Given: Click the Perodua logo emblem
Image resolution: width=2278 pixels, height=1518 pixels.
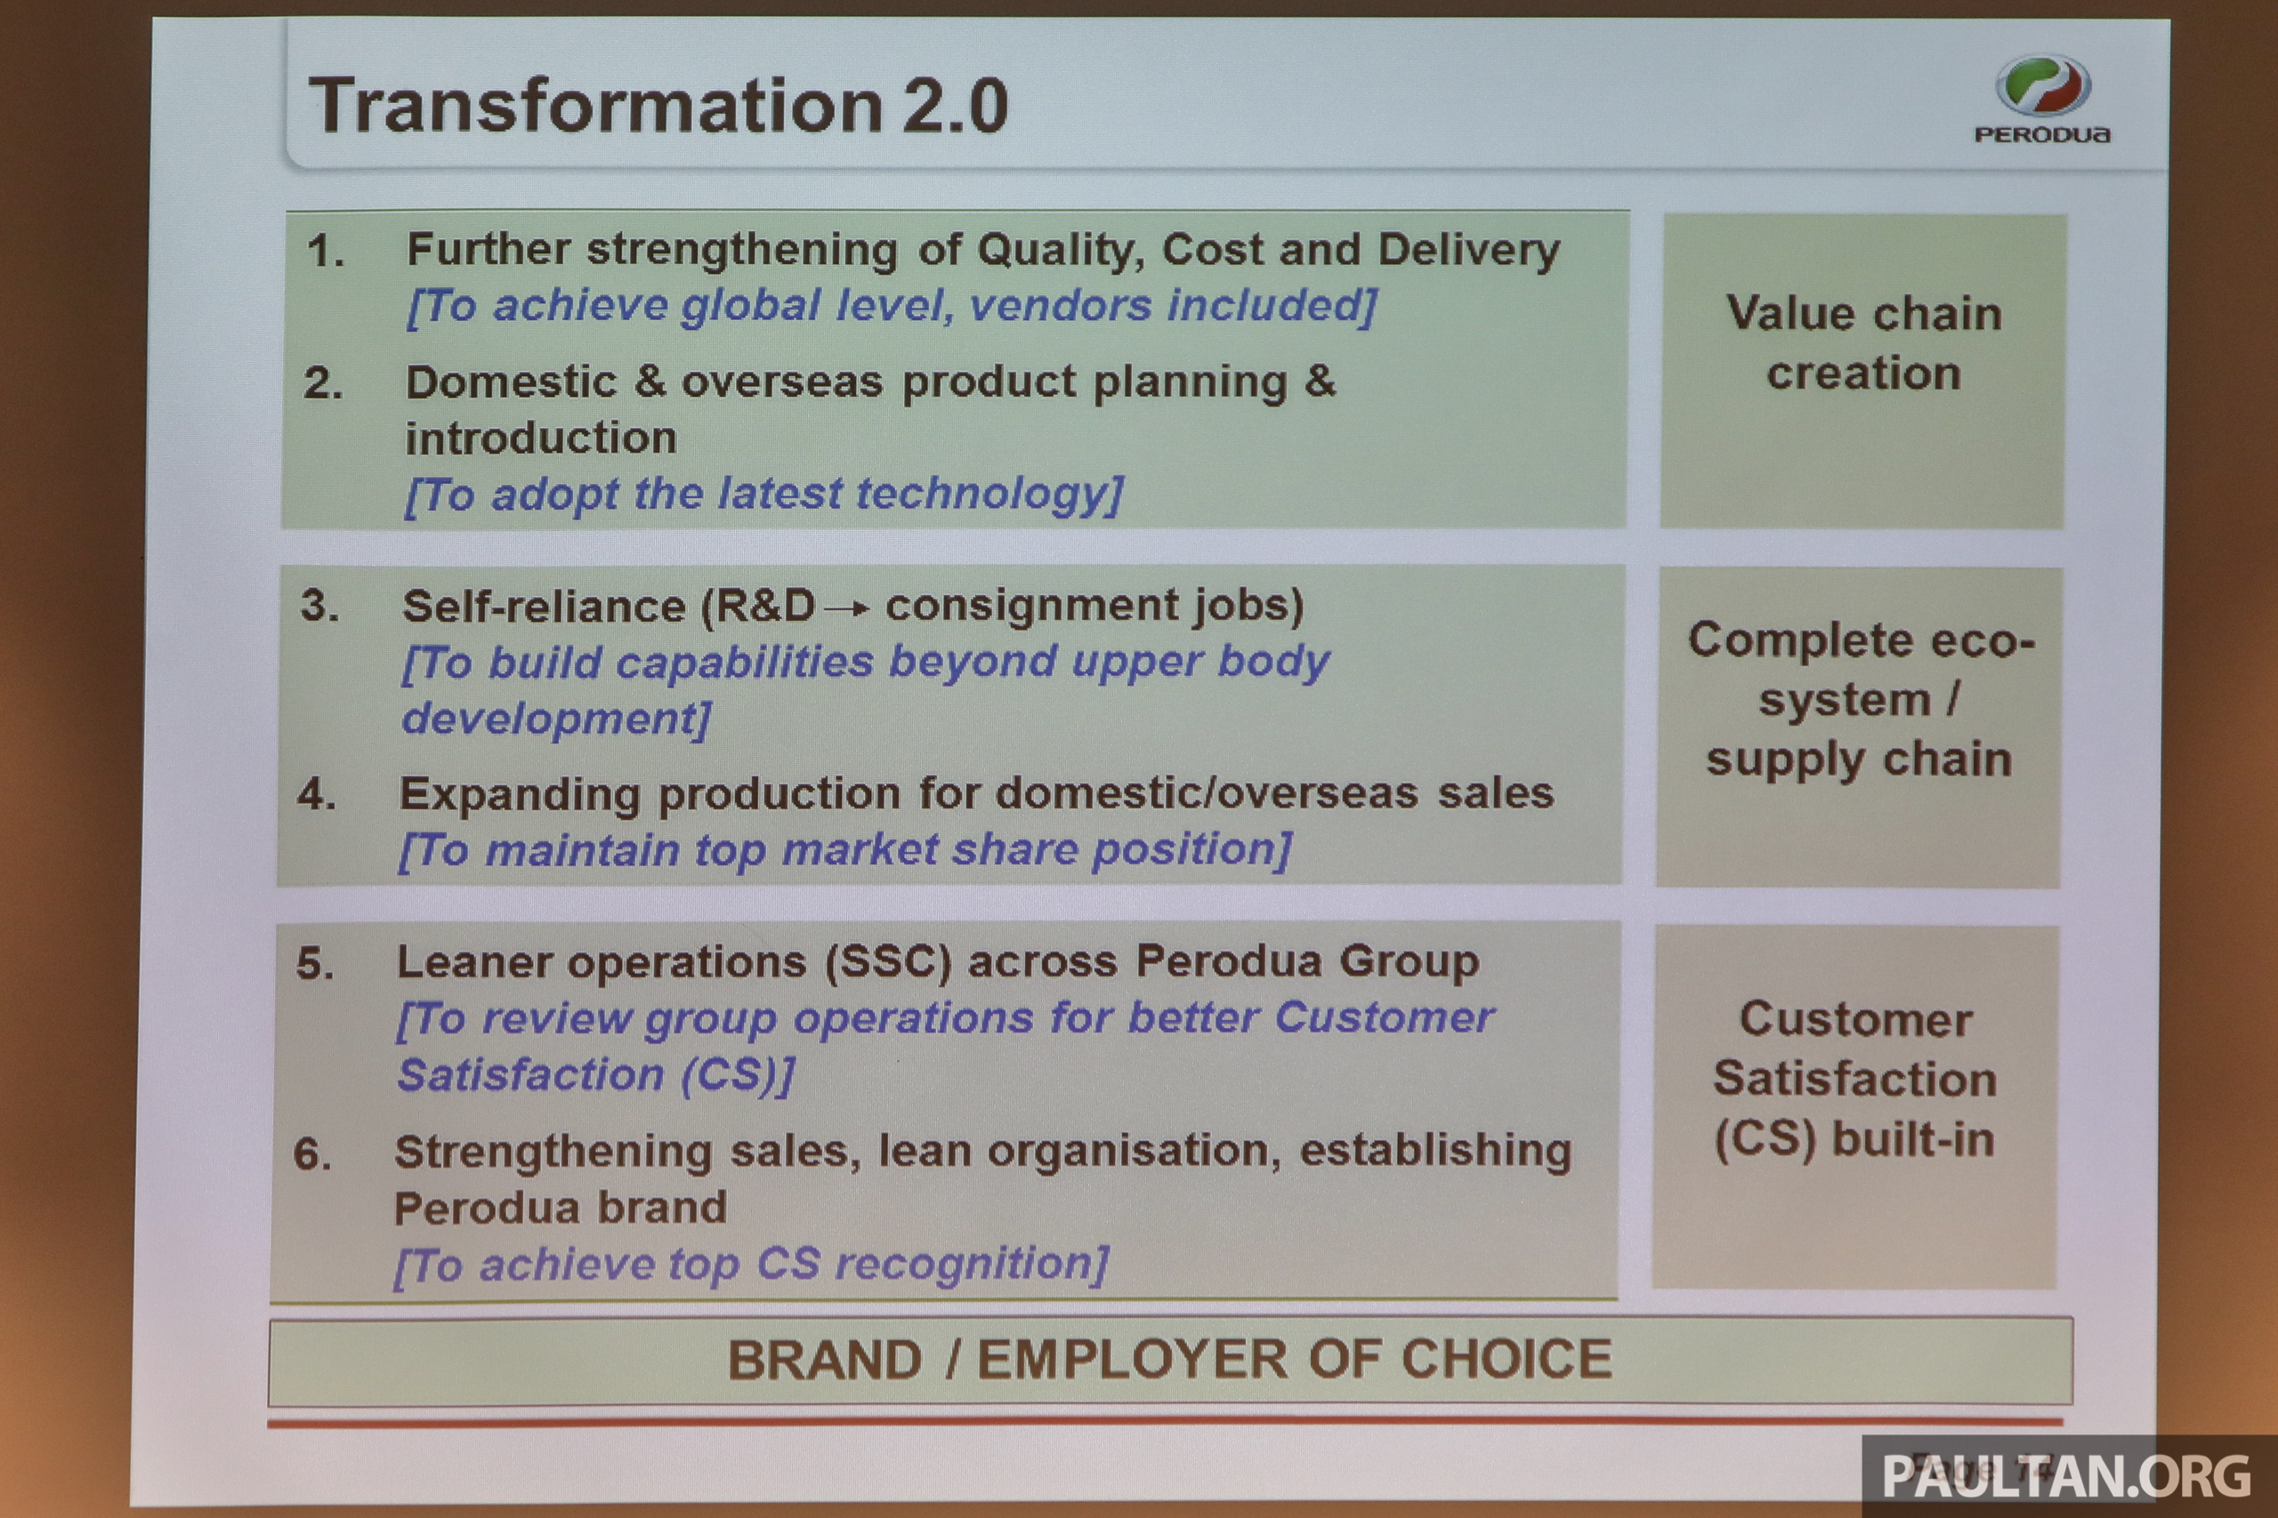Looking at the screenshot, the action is click(x=2043, y=86).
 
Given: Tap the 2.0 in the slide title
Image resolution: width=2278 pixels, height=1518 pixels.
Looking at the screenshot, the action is click(x=955, y=106).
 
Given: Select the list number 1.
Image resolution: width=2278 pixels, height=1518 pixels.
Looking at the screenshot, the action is click(x=326, y=252).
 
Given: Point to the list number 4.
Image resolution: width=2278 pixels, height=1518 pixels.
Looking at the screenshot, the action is click(x=317, y=795).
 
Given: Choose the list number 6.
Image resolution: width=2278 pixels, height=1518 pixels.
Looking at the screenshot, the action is click(x=313, y=1154).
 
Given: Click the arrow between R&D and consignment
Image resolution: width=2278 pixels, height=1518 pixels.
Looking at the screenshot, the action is click(x=847, y=609).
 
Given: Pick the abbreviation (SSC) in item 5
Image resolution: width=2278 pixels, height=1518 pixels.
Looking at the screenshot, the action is click(x=889, y=962).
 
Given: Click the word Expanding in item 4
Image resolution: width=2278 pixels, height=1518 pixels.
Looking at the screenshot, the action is click(x=520, y=796).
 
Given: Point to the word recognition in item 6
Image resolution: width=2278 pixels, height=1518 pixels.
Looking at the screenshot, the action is click(x=973, y=1265).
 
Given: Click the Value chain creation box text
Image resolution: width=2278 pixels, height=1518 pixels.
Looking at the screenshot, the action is click(x=1863, y=342).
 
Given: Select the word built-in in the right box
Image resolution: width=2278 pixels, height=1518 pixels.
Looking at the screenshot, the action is click(x=1913, y=1138).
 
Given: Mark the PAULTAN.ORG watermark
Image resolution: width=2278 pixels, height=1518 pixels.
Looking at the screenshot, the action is click(x=2066, y=1476).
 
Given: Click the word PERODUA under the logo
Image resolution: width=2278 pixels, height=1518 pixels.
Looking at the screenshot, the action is click(x=2041, y=134).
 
